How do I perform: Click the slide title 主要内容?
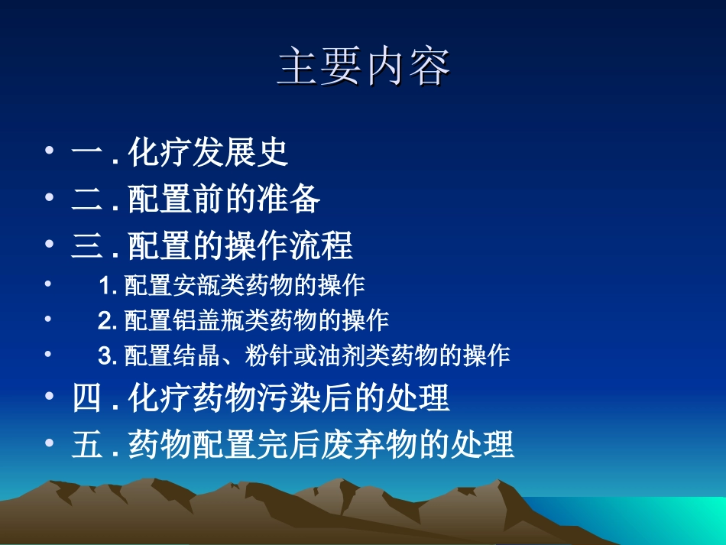click(x=363, y=67)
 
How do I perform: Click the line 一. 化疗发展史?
click(x=180, y=152)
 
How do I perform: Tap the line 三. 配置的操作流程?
click(x=212, y=245)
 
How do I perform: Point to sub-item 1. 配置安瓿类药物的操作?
click(x=232, y=285)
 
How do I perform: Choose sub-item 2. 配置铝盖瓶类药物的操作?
click(x=244, y=320)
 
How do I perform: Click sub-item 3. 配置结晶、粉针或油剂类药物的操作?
click(x=303, y=355)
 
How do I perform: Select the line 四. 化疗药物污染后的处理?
click(x=261, y=398)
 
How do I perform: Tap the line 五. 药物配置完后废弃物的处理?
click(x=293, y=444)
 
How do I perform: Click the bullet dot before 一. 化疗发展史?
click(x=50, y=151)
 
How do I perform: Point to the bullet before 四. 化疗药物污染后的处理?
click(x=50, y=397)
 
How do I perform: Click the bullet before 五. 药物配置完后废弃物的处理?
click(x=50, y=443)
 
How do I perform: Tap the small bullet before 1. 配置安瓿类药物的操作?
click(x=49, y=284)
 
